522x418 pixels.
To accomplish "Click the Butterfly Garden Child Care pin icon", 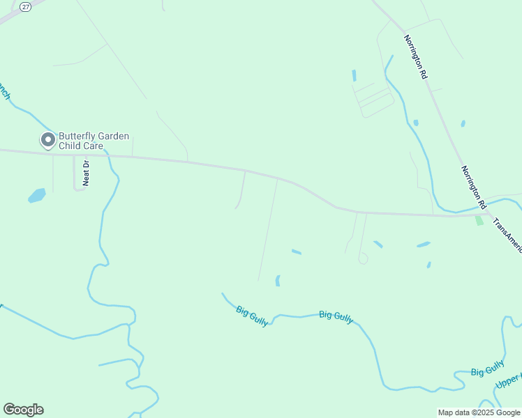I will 47,141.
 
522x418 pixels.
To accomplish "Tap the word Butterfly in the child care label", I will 77,137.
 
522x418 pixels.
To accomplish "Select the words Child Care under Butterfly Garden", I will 81,146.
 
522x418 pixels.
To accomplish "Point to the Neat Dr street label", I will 87,173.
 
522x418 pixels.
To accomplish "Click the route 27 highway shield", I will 26,6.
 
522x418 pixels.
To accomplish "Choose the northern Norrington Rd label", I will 415,57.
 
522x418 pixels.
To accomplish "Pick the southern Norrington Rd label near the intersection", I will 473,187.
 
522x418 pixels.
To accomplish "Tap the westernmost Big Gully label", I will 252,316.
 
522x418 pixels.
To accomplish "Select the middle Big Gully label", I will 336,316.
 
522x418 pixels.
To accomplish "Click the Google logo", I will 23,410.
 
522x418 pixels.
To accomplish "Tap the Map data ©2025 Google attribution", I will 479,412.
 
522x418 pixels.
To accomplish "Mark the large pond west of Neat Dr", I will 37,196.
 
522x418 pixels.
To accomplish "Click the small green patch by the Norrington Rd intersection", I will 479,220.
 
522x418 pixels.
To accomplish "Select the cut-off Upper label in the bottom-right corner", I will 508,381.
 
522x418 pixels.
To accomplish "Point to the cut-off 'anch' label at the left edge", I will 4,91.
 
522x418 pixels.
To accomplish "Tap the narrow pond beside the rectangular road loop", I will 355,75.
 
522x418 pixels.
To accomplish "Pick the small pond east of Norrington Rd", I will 463,124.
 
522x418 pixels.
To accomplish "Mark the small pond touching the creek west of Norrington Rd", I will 416,123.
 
